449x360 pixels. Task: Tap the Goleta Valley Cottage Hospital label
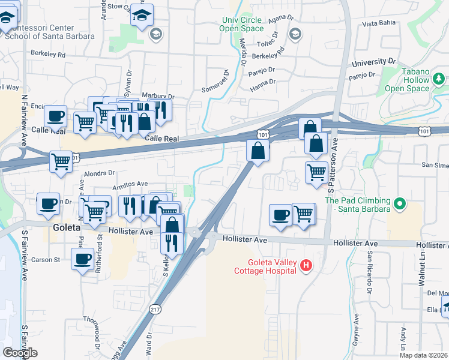pyautogui.click(x=272, y=266)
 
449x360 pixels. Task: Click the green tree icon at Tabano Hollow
pyautogui.click(x=439, y=79)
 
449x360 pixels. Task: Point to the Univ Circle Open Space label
pyautogui.click(x=241, y=24)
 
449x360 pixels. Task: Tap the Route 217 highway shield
pyautogui.click(x=155, y=309)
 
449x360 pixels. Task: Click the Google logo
pyautogui.click(x=20, y=353)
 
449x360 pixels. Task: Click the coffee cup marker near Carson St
pyautogui.click(x=83, y=260)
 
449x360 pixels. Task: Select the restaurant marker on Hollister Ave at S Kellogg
pyautogui.click(x=172, y=242)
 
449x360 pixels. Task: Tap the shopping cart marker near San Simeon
pyautogui.click(x=316, y=172)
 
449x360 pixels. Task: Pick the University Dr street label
pyautogui.click(x=375, y=62)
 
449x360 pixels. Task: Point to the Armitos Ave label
pyautogui.click(x=130, y=184)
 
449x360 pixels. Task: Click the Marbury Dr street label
pyautogui.click(x=158, y=96)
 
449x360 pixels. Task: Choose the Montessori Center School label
pyautogui.click(x=49, y=32)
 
